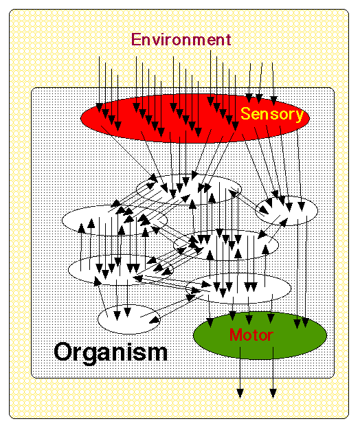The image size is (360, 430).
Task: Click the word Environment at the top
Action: coord(181,39)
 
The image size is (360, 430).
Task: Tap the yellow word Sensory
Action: coord(272,114)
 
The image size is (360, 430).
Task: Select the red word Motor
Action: coord(251,335)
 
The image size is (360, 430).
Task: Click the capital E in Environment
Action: coord(136,39)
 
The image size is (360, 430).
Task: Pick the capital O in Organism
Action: coord(63,352)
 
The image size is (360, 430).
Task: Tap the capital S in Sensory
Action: coord(246,113)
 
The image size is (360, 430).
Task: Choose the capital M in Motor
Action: coord(236,335)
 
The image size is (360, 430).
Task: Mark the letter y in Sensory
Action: coord(300,116)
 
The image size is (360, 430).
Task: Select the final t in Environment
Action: coord(228,40)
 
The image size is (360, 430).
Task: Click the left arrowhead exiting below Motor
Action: coord(240,393)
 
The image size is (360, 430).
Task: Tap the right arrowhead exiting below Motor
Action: coord(273,393)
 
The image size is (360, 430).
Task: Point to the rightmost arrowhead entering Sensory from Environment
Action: coord(273,101)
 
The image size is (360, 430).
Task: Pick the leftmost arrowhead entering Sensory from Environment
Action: coord(99,108)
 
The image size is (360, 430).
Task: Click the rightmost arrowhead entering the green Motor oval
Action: coord(306,323)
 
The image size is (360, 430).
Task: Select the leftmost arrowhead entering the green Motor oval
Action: coord(210,323)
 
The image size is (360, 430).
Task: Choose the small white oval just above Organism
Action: coord(129,319)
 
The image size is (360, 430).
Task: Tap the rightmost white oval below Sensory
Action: coord(286,210)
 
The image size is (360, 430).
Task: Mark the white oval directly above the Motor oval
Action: coord(238,288)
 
